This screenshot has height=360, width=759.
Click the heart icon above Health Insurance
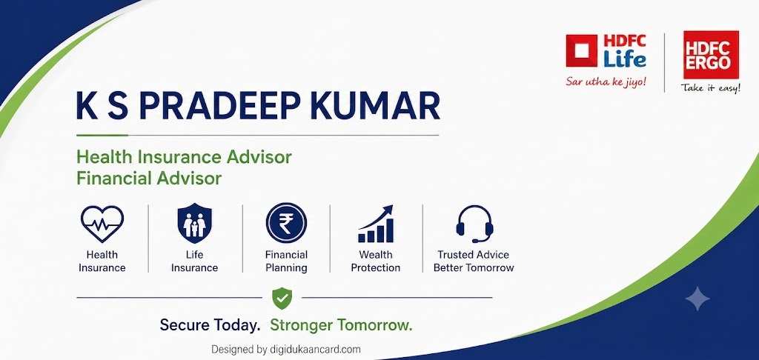coord(102,224)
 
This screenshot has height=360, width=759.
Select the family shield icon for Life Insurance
coord(195,223)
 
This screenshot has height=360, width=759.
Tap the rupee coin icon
coord(286,223)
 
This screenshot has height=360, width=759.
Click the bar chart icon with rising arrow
coord(376,224)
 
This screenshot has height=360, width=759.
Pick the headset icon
coord(474,224)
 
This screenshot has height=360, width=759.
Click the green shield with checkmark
coord(282,298)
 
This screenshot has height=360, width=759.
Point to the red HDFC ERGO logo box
coord(711,54)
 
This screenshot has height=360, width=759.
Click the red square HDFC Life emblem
coord(581,51)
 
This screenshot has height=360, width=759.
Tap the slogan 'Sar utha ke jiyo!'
coord(606,81)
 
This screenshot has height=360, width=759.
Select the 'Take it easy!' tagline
coord(711,87)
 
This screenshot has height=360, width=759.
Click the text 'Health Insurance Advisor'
coord(184,157)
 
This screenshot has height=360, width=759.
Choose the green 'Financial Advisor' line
coord(149,178)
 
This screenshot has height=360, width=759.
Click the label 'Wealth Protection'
coord(376,261)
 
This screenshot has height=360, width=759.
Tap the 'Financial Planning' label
coord(286,261)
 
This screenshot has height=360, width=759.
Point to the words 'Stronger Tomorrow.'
coord(341,325)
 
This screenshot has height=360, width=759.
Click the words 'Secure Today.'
coord(210,325)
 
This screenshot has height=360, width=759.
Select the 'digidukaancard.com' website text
coord(315,350)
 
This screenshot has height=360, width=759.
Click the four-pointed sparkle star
coord(697,298)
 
